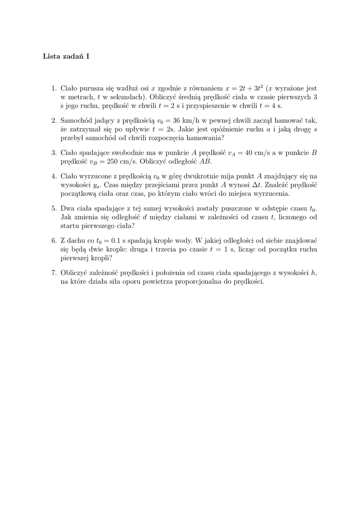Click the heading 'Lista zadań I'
pyautogui.click(x=66, y=56)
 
